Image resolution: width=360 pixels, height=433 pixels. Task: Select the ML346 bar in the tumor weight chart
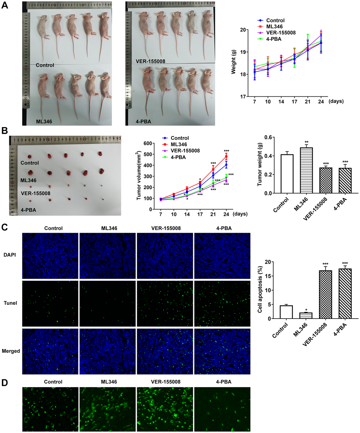306,170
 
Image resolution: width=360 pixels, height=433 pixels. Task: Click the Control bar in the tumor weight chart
287,174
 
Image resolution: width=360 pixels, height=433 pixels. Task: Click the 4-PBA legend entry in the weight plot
274,39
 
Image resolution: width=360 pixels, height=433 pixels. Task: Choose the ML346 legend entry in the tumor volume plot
178,144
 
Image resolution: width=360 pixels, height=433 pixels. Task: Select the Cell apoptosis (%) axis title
260,290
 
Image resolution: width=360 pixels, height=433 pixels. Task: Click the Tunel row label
10,303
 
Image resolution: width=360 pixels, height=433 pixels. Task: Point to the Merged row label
11,351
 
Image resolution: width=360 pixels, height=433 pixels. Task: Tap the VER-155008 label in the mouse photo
150,61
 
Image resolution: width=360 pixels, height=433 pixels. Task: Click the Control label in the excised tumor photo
30,163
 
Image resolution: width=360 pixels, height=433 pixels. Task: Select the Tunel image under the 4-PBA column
222,304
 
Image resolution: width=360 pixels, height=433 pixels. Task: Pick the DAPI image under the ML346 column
107,256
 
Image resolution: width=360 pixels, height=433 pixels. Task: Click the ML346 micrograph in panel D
107,409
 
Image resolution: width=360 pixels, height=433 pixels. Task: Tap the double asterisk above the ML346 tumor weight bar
306,142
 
